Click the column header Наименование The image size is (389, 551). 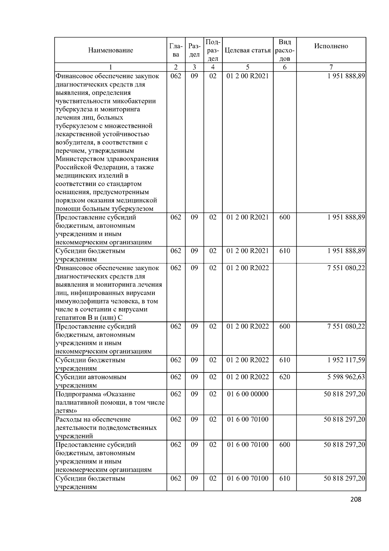(110, 50)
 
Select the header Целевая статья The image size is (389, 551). (247, 50)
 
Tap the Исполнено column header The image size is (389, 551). (331, 46)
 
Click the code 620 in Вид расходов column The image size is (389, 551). (285, 377)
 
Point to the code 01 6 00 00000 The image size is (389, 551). (248, 394)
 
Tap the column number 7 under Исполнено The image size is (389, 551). (331, 67)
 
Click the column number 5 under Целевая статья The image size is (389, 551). (247, 67)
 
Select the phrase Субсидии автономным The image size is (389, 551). (91, 377)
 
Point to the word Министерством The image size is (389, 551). (79, 159)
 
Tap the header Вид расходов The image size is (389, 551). (285, 50)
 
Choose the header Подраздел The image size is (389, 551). (213, 50)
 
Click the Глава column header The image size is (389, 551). (176, 50)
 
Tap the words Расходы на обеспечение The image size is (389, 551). (93, 419)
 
